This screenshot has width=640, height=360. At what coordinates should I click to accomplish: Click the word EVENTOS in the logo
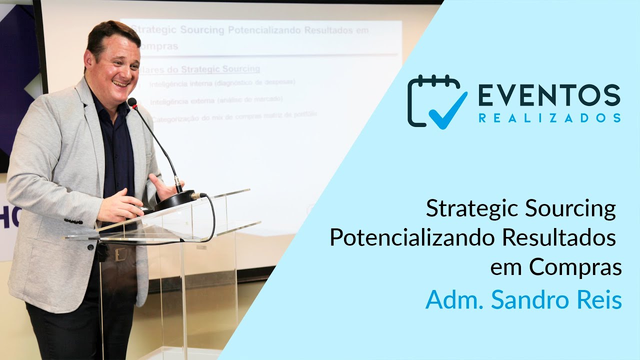coord(549,95)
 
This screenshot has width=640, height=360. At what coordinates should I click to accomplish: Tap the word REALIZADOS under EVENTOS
coord(549,118)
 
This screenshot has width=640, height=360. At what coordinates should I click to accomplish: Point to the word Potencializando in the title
coord(412,238)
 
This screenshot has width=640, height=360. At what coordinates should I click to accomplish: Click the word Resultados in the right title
coord(558,238)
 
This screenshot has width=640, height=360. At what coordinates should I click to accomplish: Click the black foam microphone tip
coord(132,102)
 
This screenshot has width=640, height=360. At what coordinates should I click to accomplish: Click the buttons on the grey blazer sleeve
coord(73,221)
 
